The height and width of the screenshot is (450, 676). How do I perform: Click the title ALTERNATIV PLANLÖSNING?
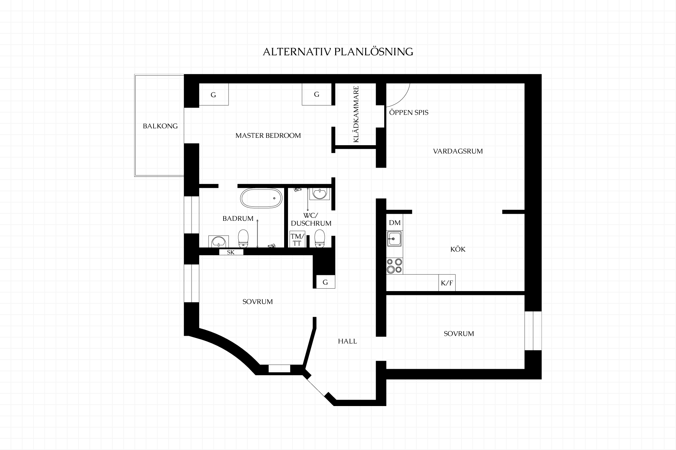click(x=338, y=52)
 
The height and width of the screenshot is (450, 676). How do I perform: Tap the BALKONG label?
click(x=160, y=126)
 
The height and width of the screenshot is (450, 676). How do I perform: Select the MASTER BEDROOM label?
click(x=268, y=135)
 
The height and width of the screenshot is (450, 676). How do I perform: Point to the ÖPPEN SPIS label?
click(x=409, y=112)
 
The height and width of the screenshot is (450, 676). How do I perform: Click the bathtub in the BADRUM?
click(x=261, y=198)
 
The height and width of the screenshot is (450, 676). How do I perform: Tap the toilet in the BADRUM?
click(x=243, y=239)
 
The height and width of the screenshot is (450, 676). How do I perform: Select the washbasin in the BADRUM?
click(x=219, y=241)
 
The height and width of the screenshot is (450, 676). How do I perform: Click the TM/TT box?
click(x=297, y=239)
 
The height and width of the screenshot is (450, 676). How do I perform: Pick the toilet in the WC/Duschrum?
click(x=320, y=239)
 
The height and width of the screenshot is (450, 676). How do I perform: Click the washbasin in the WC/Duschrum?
click(x=320, y=193)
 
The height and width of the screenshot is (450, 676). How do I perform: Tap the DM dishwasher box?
click(x=395, y=223)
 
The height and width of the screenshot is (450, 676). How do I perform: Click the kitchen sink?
click(x=395, y=239)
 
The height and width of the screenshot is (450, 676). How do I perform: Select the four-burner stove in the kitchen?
click(x=395, y=266)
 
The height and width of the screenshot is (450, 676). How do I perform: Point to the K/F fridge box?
click(x=447, y=283)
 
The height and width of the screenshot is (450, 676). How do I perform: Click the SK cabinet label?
click(x=231, y=252)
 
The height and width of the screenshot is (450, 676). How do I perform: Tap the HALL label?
click(x=348, y=341)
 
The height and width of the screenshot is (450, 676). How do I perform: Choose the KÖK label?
click(x=458, y=249)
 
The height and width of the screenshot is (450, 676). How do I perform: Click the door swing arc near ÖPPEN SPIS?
click(x=403, y=100)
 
